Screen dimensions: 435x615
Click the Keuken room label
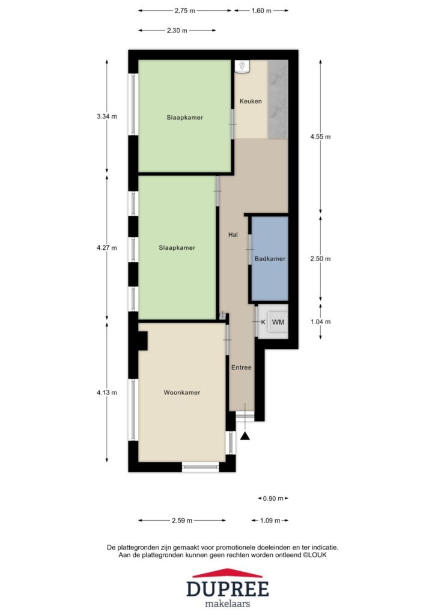coord(251,101)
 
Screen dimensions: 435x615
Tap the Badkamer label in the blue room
coord(270,259)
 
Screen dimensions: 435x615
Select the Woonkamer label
coord(182,393)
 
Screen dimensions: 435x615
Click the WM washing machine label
coord(278,322)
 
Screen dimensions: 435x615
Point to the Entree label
coord(241,368)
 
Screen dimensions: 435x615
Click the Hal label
coord(233,235)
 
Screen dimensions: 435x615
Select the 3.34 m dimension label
coord(107,117)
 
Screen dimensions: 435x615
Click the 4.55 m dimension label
coord(320,137)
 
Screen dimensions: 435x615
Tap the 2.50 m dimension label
coord(320,259)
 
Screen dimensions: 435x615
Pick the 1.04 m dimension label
coord(320,322)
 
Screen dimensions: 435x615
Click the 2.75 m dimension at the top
coord(184,11)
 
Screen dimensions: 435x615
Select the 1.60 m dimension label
coord(261,11)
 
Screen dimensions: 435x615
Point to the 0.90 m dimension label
coord(273,498)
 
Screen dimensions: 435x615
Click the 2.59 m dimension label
coord(182,521)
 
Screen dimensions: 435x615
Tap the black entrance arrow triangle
coord(245,436)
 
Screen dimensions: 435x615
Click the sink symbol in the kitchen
coord(242,66)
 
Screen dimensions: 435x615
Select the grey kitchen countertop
coord(278,99)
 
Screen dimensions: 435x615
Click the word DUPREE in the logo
coord(228,589)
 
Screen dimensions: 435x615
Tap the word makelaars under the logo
coord(228,604)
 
